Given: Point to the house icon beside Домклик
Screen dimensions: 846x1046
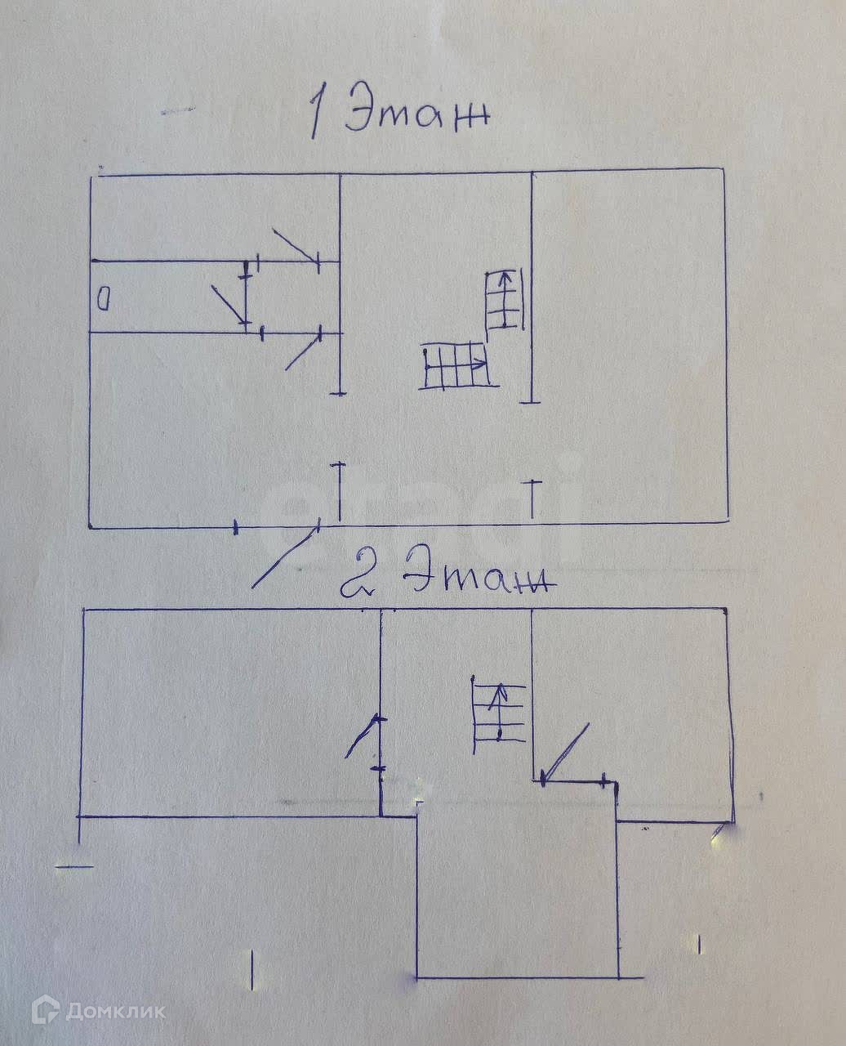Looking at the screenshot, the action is tap(46, 1011).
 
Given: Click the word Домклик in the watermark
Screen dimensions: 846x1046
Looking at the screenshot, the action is tap(114, 1012).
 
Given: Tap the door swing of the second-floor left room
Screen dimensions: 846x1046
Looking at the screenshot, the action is tap(363, 736).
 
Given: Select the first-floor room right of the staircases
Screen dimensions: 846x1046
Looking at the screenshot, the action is tap(629, 343).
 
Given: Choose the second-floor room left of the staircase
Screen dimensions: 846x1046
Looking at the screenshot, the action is tap(229, 711).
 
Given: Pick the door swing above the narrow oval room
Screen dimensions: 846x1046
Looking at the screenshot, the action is tap(296, 245).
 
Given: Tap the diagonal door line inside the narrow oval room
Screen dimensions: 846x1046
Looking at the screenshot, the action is tap(229, 303).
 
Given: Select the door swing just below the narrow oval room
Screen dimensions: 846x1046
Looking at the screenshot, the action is tap(302, 351).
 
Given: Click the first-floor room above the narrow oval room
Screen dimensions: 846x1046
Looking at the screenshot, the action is tap(212, 217).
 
